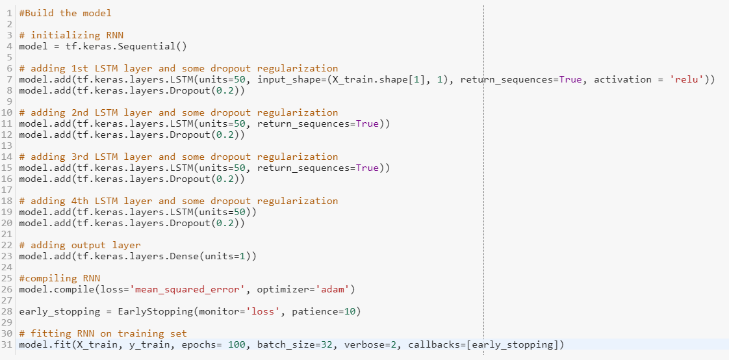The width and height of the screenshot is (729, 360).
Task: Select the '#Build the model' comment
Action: pos(65,13)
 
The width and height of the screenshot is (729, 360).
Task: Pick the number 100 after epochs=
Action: pos(237,344)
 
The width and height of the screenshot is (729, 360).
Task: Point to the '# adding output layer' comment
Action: pos(79,245)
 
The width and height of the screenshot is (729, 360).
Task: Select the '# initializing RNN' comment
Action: pos(71,35)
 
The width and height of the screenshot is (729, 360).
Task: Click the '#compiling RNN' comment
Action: pos(59,278)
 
